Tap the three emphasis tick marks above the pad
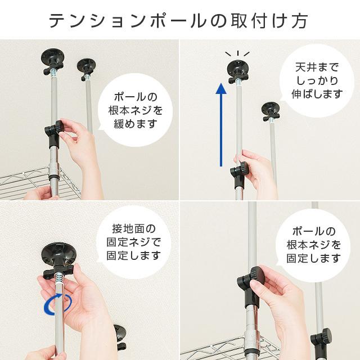(237, 54)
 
